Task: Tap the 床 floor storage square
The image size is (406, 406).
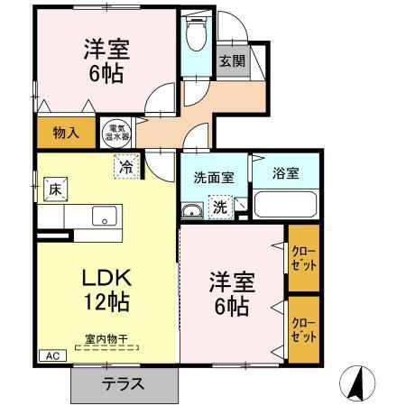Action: click(55, 189)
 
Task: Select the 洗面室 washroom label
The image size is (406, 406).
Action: click(214, 178)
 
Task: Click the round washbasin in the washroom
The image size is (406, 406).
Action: click(191, 211)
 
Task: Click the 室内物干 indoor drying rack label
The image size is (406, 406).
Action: click(107, 340)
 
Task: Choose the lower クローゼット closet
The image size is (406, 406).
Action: click(303, 327)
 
